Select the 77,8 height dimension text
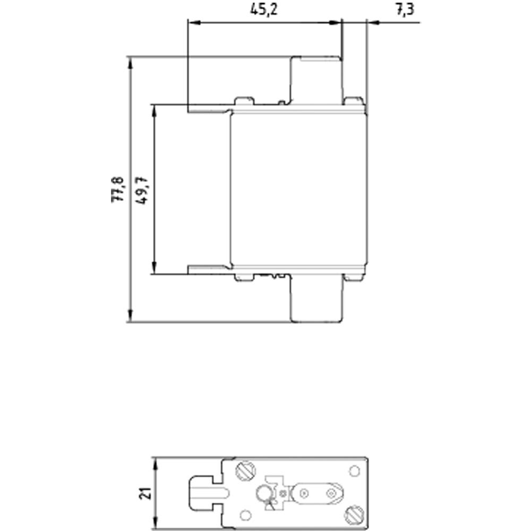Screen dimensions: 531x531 pyautogui.click(x=117, y=189)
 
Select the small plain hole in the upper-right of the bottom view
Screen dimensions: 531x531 pyautogui.click(x=353, y=471)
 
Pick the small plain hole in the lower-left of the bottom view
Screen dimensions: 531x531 pyautogui.click(x=245, y=515)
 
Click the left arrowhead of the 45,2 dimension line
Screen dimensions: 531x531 pyautogui.click(x=192, y=22)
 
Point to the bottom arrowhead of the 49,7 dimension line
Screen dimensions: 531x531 pyautogui.click(x=155, y=269)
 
